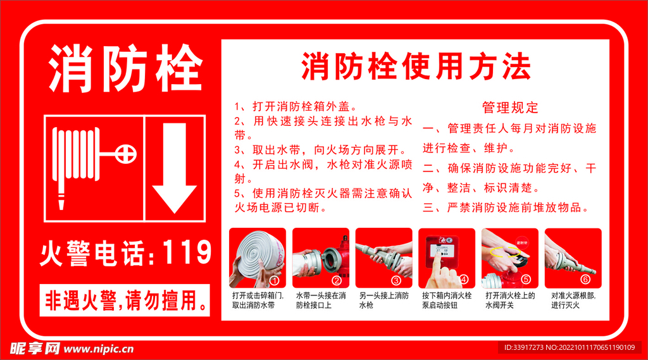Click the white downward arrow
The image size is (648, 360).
[x=175, y=168]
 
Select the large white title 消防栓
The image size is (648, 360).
[x=125, y=68]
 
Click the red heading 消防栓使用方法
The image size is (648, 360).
[x=416, y=66]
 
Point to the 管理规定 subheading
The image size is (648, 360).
[x=511, y=108]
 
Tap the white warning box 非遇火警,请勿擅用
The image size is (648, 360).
[x=125, y=301]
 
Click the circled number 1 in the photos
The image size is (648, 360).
[x=275, y=281]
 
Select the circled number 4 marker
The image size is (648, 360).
[x=464, y=280]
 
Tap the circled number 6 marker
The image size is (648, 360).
[x=585, y=280]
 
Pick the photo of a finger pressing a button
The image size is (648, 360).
[x=447, y=258]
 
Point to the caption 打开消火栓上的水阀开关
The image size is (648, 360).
[x=510, y=301]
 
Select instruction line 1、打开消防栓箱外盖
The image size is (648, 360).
[x=296, y=107]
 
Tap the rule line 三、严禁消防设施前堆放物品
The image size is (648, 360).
[x=506, y=208]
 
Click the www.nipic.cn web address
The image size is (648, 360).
[x=99, y=349]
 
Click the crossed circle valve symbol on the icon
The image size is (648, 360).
[x=126, y=154]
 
